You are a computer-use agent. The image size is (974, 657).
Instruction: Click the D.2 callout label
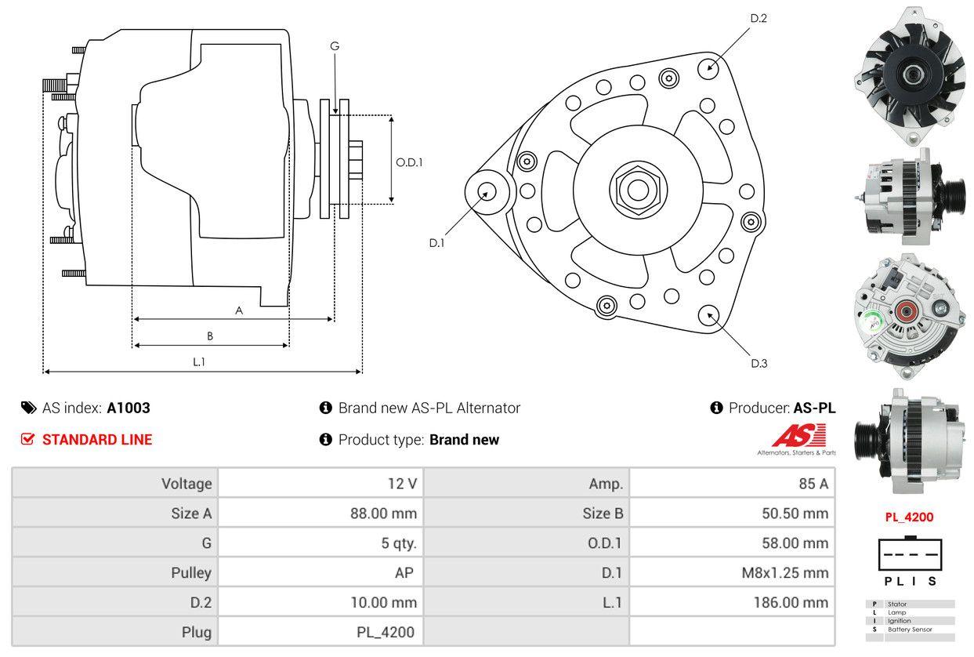point(758,18)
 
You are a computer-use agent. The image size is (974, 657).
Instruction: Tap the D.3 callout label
point(759,363)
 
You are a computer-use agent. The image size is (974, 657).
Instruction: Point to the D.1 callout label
point(436,243)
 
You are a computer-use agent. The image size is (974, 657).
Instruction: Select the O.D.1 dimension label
point(409,163)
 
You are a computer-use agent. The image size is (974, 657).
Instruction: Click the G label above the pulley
point(335,46)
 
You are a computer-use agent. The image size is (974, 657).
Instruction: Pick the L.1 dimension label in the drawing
point(199,361)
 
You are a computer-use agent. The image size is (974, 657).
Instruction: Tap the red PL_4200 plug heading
point(909,517)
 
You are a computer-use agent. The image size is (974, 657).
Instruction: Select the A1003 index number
point(129,408)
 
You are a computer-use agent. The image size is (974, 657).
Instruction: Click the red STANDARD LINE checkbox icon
point(28,440)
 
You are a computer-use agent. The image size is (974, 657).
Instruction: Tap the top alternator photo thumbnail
point(910,74)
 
